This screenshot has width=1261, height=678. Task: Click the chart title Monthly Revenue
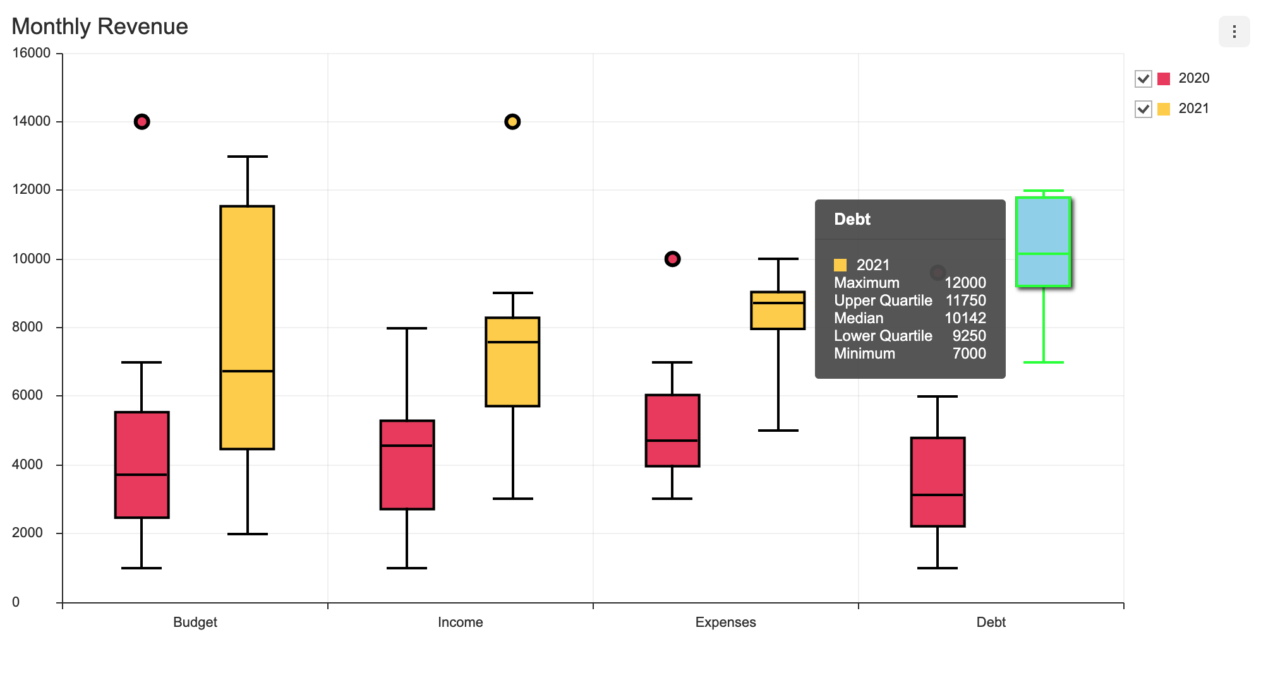pyautogui.click(x=100, y=27)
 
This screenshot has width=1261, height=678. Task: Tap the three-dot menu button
pyautogui.click(x=1233, y=32)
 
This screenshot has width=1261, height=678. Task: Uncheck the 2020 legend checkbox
pyautogui.click(x=1143, y=79)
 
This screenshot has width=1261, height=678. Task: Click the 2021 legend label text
pyautogui.click(x=1193, y=109)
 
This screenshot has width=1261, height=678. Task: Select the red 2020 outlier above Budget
pyautogui.click(x=142, y=122)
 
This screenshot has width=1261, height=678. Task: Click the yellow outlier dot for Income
pyautogui.click(x=512, y=122)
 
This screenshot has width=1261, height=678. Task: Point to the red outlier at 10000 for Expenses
pyautogui.click(x=672, y=259)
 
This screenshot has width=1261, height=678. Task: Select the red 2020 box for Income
pyautogui.click(x=407, y=480)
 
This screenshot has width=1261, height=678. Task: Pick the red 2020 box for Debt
pyautogui.click(x=938, y=467)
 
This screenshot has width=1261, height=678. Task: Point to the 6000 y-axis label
pyautogui.click(x=28, y=395)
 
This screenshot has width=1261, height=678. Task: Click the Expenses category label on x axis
pyautogui.click(x=725, y=622)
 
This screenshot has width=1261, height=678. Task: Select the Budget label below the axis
pyautogui.click(x=195, y=622)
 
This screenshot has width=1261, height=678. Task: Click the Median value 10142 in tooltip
pyautogui.click(x=965, y=318)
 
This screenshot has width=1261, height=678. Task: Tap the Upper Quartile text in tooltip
pyautogui.click(x=883, y=300)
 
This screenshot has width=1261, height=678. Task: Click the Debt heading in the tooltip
pyautogui.click(x=852, y=219)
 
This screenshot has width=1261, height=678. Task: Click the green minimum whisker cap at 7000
pyautogui.click(x=1043, y=362)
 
